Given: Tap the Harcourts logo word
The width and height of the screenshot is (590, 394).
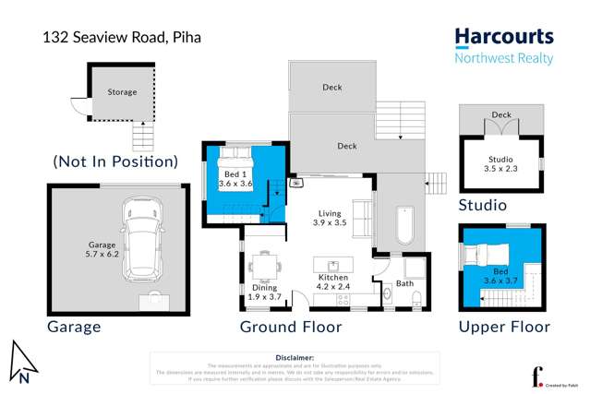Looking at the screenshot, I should (503, 37).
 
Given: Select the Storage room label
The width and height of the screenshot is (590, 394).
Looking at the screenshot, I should (121, 92).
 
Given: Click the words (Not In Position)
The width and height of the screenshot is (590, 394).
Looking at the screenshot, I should (114, 161).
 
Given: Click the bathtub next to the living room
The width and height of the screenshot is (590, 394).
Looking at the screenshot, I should (403, 227).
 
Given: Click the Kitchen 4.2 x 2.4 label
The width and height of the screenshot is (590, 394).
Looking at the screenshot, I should (331, 283).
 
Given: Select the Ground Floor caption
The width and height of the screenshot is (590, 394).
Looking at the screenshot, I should (291, 327).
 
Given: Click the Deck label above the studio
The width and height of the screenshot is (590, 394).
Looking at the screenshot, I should (500, 115).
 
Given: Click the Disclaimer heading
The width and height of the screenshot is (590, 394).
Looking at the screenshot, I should (295, 356).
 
